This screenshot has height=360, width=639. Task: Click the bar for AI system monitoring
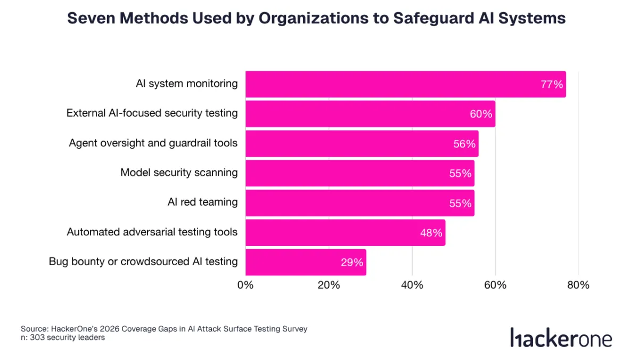point(405,84)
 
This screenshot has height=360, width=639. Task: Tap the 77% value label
point(552,85)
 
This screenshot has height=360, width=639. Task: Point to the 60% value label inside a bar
point(481,114)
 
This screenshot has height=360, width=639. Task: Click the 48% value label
point(431,233)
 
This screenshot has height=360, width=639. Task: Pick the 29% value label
point(352,262)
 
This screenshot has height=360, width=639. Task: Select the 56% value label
point(464,144)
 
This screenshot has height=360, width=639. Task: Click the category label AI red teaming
point(202,202)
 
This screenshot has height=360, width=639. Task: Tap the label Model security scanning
point(179,173)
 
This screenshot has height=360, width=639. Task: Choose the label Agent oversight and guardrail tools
point(153,143)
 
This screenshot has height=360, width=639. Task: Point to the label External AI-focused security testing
point(152,113)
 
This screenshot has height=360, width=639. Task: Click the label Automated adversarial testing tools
point(152,232)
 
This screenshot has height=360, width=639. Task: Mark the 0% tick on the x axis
point(245,285)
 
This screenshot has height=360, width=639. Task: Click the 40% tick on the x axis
point(412,285)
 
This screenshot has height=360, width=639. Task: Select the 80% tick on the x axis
point(578,285)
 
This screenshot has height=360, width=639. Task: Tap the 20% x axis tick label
point(329,285)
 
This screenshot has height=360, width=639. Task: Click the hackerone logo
point(561,338)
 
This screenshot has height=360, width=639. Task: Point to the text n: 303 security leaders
point(63,338)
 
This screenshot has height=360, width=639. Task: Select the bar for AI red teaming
point(359,203)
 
